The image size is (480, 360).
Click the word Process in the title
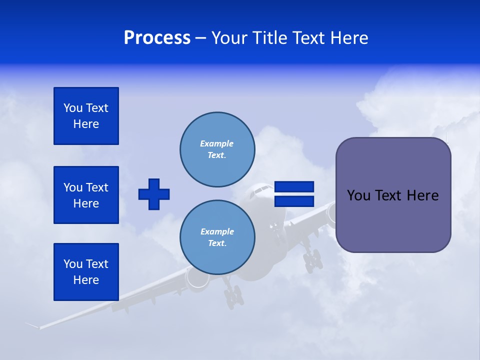click(157, 38)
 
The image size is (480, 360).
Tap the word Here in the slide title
click(348, 38)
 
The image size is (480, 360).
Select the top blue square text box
click(86, 116)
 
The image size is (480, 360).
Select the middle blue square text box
click(86, 195)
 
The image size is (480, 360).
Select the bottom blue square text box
click(86, 272)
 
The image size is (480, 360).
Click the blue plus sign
click(154, 194)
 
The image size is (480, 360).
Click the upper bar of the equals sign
click(294, 187)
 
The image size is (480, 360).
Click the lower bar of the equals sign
click(294, 201)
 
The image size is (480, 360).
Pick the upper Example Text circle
click(217, 149)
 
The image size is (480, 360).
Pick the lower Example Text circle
click(217, 237)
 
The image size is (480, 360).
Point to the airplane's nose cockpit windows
click(260, 190)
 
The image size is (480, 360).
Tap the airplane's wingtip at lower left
click(32, 325)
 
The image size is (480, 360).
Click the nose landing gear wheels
click(233, 297)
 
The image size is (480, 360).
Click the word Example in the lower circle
click(217, 231)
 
